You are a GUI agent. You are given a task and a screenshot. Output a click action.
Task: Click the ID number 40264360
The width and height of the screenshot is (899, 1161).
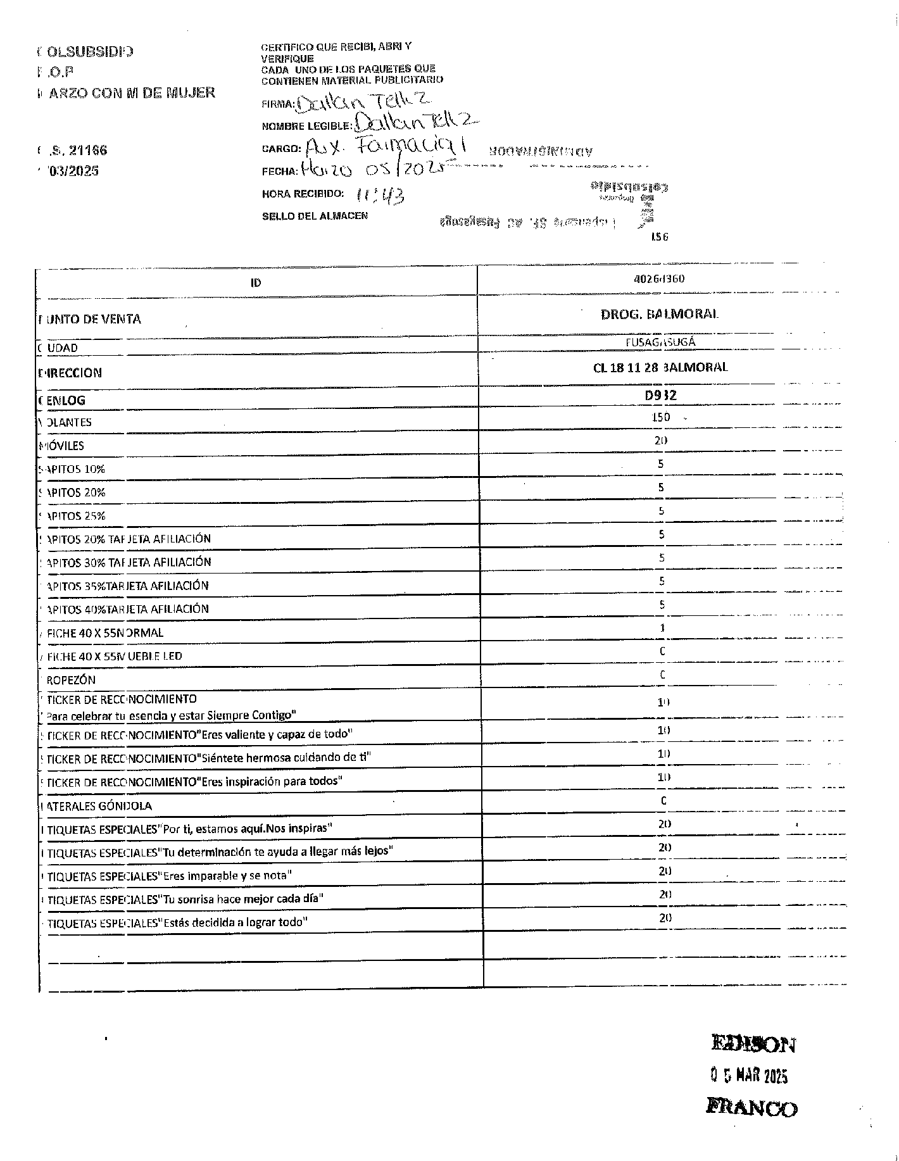coord(660,279)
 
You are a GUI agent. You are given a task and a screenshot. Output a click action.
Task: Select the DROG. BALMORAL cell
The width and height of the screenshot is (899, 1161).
coord(660,314)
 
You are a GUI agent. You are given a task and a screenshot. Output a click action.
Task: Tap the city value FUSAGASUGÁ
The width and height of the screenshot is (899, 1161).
coord(660,342)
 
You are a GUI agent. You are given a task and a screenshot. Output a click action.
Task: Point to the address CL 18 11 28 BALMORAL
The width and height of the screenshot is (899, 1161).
coord(660,367)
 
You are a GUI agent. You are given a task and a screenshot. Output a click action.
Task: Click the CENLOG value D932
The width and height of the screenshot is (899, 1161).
coord(660,396)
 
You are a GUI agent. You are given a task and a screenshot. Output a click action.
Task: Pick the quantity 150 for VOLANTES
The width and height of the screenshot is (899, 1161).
coord(661,418)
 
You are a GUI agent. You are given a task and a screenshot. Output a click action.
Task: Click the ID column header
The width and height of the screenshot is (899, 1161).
coord(256,283)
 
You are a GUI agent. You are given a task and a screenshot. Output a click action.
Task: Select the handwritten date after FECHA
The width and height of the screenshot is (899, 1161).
coord(370,169)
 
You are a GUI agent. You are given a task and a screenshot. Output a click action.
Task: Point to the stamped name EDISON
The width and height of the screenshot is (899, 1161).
coord(753,1043)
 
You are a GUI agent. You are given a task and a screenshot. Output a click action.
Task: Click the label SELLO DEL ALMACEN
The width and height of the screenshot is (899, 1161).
coord(315,216)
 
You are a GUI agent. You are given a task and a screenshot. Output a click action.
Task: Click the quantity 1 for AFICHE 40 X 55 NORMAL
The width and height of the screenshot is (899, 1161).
coord(662,629)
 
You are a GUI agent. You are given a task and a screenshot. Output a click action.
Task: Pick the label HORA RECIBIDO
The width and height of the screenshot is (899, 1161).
coord(303,194)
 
